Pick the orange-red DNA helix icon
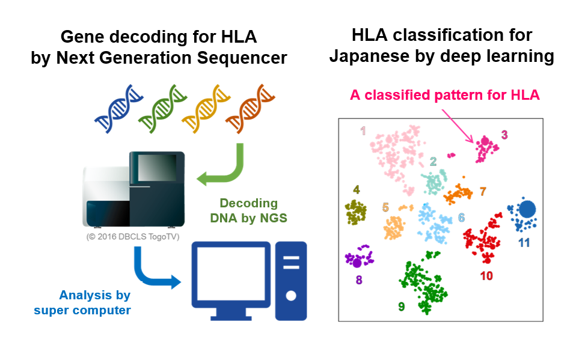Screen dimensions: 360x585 [x=247, y=109]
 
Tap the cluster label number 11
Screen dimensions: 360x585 [x=524, y=243]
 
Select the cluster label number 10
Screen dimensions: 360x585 [x=486, y=276]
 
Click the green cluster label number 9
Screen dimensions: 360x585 [x=401, y=307]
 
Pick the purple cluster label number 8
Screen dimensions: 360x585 [x=358, y=279]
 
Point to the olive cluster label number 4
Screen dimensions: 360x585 [x=357, y=190]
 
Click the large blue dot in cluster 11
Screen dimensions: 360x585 [x=527, y=209]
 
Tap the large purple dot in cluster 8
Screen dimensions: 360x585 [x=357, y=262]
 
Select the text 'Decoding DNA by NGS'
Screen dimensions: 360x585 [x=248, y=210]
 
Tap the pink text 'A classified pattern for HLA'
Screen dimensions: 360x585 [x=445, y=94]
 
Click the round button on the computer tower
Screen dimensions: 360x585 [x=291, y=296]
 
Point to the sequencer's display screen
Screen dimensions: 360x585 [x=158, y=167]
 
